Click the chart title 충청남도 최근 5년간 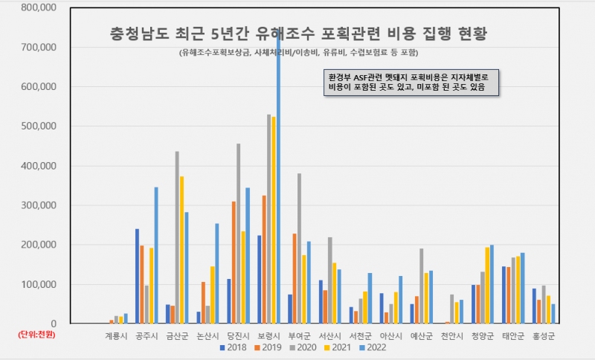(x=297, y=33)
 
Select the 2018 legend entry (x=234, y=347)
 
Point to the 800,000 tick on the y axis (x=37, y=7)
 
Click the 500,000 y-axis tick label (x=37, y=126)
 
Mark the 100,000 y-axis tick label (x=37, y=284)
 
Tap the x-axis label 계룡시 (x=116, y=335)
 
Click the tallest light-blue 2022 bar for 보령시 (x=278, y=186)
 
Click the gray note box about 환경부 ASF (x=411, y=83)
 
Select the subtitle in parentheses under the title (x=298, y=53)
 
